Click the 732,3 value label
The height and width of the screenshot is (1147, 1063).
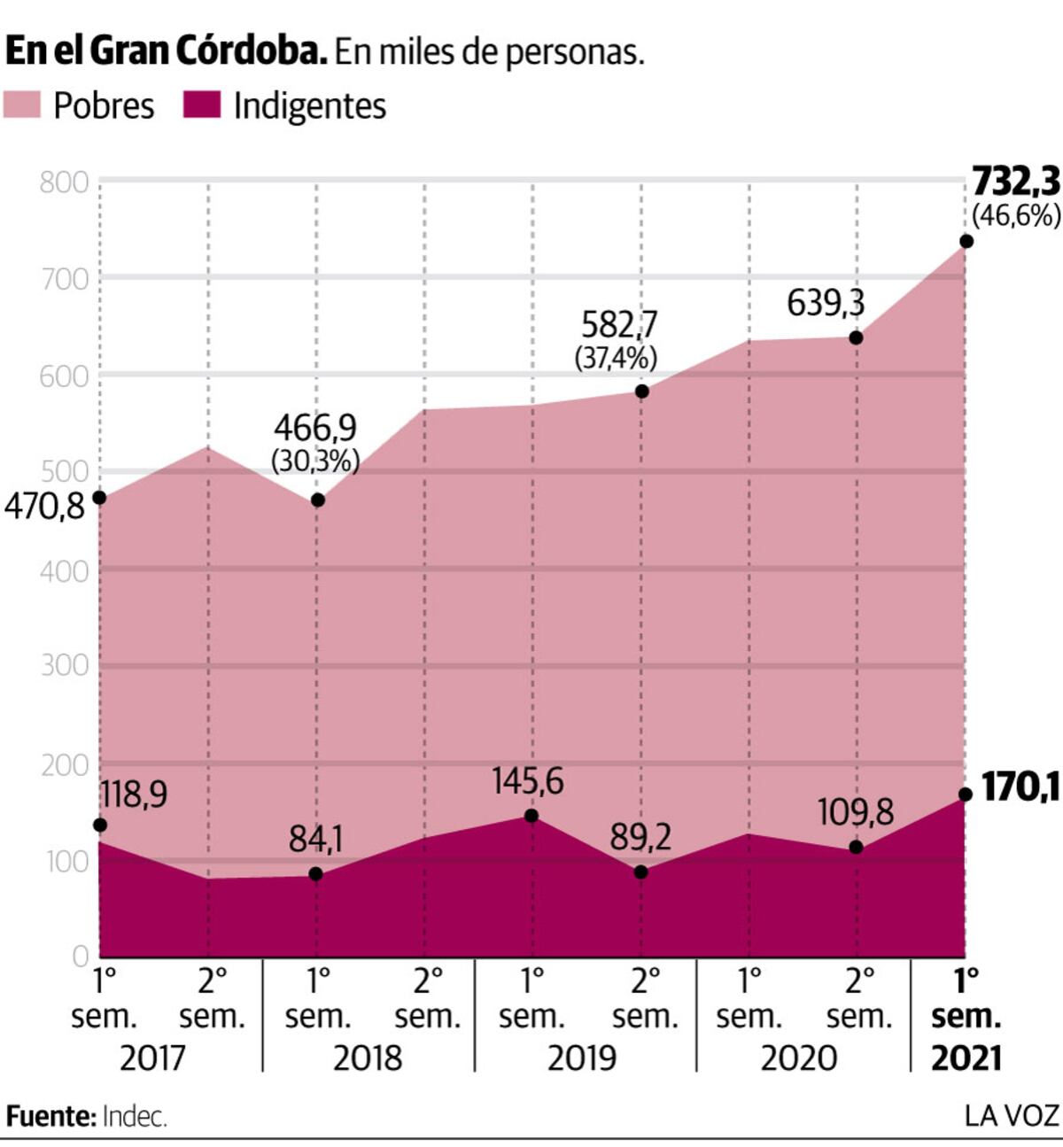tap(1017, 182)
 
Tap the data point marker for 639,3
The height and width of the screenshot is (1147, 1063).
tap(857, 337)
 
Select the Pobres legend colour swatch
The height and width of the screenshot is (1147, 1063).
tap(22, 105)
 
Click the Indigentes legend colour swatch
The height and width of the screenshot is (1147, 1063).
tap(202, 105)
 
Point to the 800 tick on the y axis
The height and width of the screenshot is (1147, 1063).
tap(65, 183)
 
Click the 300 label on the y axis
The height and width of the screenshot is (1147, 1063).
tap(65, 666)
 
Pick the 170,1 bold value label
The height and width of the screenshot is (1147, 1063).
tap(1021, 787)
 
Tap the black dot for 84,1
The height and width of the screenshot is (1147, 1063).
tap(315, 874)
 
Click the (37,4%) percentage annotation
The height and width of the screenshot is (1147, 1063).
tap(616, 358)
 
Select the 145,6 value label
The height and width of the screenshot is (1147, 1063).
tap(528, 782)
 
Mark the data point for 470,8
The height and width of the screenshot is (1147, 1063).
tap(99, 497)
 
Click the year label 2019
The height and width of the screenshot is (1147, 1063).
tap(582, 1058)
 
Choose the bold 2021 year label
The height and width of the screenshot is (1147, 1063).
tap(966, 1058)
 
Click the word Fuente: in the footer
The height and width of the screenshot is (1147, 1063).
tap(50, 1116)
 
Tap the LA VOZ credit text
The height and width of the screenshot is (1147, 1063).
tap(1013, 1116)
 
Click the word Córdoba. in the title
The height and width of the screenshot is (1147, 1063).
tap(252, 51)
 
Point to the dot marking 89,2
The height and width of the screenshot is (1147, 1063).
tap(640, 872)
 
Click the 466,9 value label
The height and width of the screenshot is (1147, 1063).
tap(315, 428)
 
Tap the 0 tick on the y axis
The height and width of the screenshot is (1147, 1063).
tap(81, 957)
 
